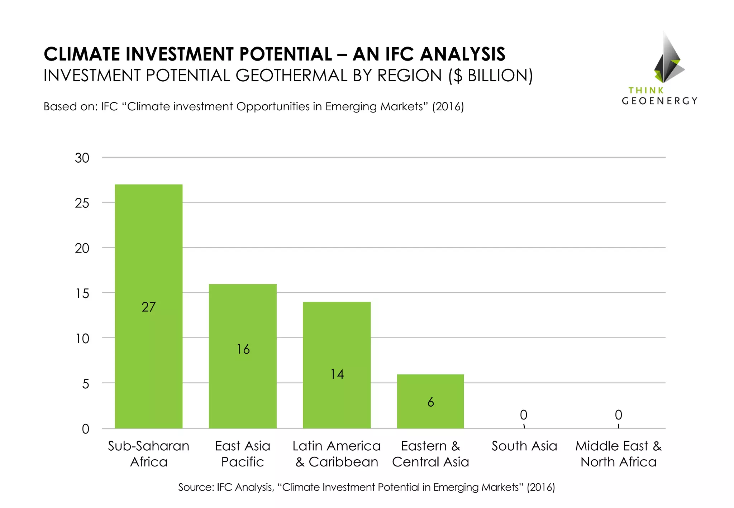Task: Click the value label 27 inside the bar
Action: [148, 307]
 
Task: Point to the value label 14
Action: [337, 374]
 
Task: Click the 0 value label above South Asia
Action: [524, 415]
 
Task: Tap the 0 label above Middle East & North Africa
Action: [619, 415]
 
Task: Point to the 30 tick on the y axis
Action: [82, 158]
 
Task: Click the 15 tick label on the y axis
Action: [82, 294]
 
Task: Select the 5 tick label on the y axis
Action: [86, 384]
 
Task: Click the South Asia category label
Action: [524, 446]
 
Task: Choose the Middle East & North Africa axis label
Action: [619, 454]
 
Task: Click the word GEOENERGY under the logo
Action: [659, 101]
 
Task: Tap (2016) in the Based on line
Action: [448, 107]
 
